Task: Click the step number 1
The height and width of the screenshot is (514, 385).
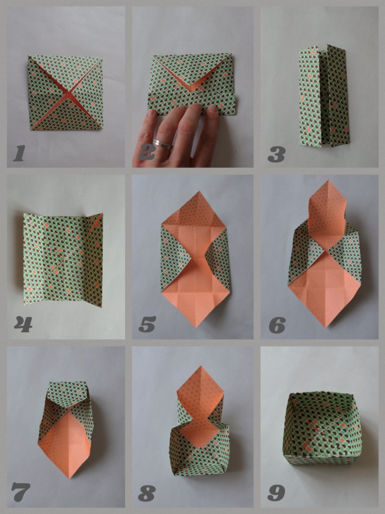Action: coord(19,154)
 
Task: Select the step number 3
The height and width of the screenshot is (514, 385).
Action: coord(276,155)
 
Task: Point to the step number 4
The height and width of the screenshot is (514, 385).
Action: coord(23,324)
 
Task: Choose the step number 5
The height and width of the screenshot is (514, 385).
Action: coord(147,324)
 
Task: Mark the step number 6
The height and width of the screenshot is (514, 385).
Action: coord(277,325)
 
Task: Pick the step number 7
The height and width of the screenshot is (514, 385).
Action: coord(20,492)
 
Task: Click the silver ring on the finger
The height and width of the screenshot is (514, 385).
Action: coord(163,144)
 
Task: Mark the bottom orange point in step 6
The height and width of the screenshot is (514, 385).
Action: coord(326,327)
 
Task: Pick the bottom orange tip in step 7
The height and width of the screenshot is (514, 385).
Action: coord(70,477)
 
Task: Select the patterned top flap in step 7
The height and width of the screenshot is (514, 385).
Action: coord(68,395)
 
